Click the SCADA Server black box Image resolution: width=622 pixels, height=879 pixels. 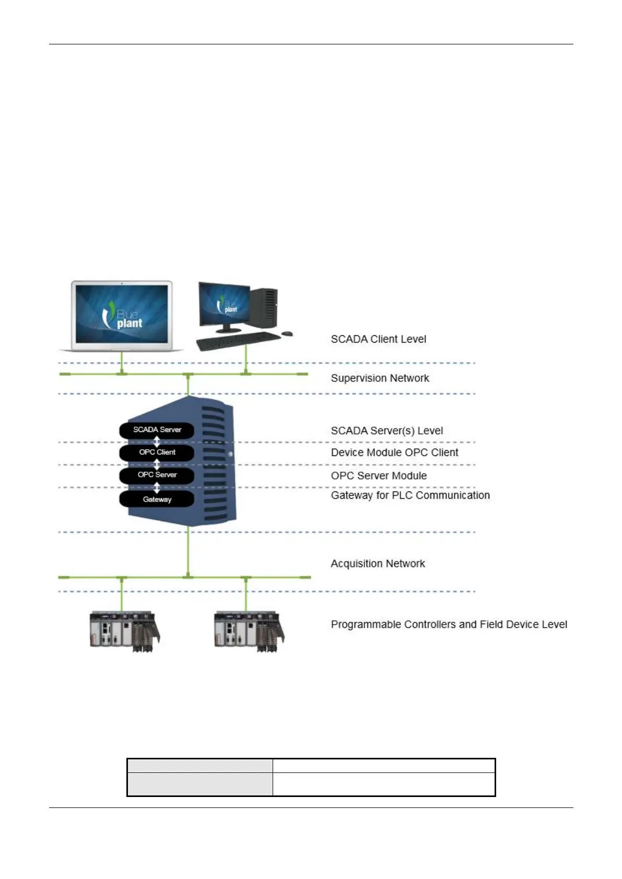click(x=157, y=430)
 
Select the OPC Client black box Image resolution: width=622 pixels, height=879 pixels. click(x=157, y=452)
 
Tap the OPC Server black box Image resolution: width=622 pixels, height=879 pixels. click(x=157, y=475)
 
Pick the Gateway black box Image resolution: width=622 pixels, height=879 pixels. click(x=157, y=499)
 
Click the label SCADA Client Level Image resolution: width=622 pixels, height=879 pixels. click(x=378, y=339)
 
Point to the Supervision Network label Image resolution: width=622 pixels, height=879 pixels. click(x=380, y=378)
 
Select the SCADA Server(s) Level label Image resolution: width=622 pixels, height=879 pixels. click(x=386, y=431)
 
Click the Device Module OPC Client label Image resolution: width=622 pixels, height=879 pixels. click(x=394, y=452)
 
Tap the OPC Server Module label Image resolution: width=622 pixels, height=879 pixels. click(x=379, y=476)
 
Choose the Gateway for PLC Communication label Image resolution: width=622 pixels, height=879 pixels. click(x=410, y=495)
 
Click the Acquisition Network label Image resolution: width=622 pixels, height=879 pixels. click(x=378, y=564)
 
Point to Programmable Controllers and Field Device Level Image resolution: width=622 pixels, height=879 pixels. click(x=449, y=624)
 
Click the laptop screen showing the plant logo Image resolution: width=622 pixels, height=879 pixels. click(x=122, y=313)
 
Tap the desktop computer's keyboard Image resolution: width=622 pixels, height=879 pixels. click(x=237, y=342)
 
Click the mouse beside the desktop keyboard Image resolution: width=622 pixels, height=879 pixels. click(x=287, y=333)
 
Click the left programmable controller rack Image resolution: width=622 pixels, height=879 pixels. click(x=124, y=631)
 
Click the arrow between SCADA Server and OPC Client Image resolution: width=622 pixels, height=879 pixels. click(x=157, y=441)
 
